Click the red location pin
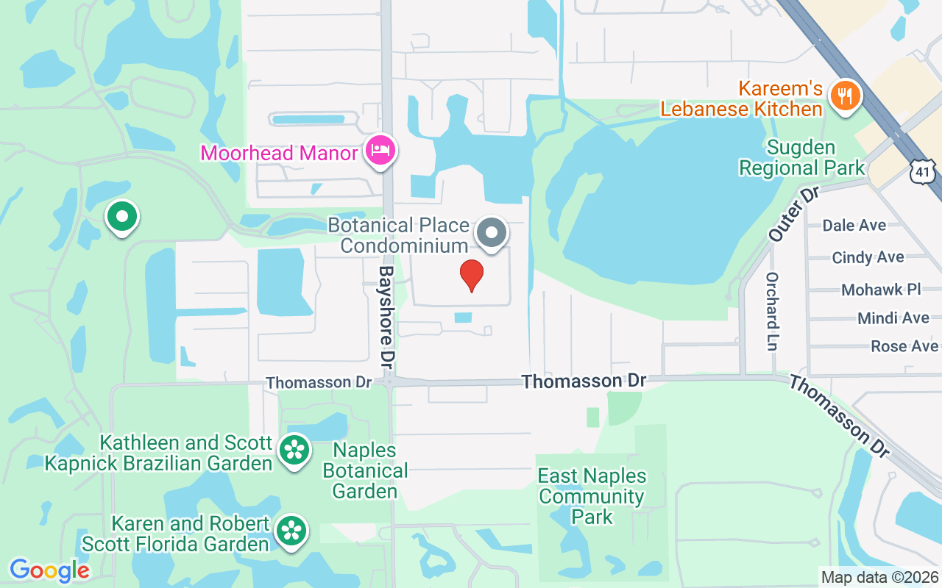472,275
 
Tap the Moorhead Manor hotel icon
380,150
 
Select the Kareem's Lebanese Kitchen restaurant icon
846,96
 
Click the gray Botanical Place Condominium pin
492,233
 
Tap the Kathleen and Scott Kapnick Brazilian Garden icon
294,449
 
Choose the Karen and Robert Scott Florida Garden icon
292,530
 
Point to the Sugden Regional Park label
801,157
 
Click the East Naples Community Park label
592,496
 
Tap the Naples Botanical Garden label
365,470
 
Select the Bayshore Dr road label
387,318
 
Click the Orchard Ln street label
772,311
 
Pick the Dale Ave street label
854,225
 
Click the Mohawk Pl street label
881,290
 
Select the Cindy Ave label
868,257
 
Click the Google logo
49,570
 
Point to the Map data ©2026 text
880,577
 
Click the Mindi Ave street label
893,318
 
